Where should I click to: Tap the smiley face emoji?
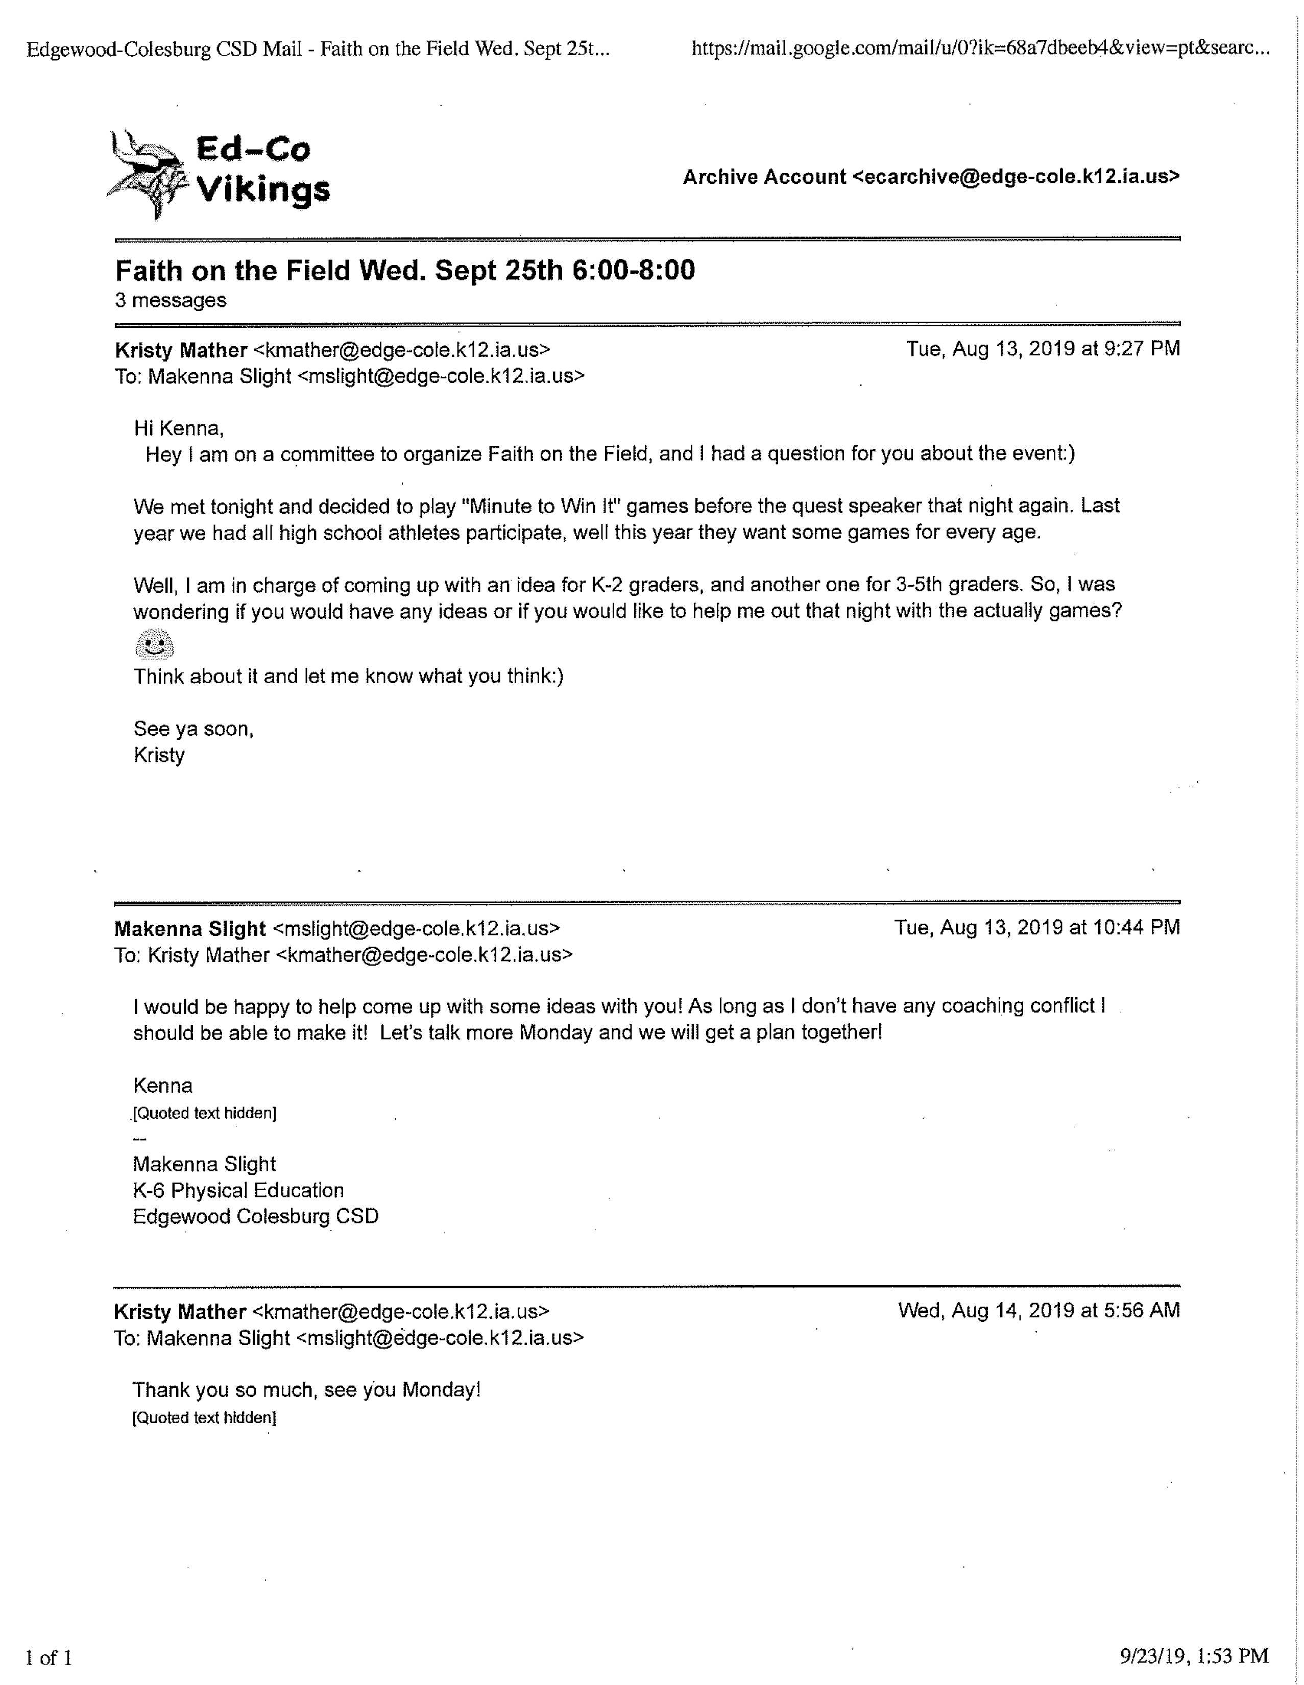click(154, 644)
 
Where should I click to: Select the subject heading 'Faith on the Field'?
click(404, 271)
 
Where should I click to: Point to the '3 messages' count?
click(171, 300)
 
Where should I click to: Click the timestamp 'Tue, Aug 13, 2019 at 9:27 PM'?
click(1043, 349)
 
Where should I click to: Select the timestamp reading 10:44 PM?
click(1036, 927)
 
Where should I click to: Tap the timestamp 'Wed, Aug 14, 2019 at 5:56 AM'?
click(1039, 1311)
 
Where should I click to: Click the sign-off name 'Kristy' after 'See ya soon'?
click(159, 755)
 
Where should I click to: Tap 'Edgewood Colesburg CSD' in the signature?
click(255, 1217)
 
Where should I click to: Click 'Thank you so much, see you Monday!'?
click(306, 1389)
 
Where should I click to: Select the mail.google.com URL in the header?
click(980, 50)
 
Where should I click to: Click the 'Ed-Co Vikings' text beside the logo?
click(262, 169)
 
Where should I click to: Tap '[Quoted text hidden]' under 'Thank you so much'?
click(204, 1418)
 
